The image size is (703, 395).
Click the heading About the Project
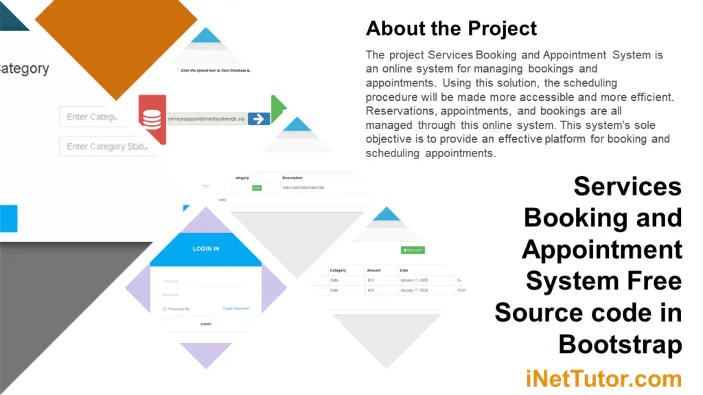click(x=451, y=28)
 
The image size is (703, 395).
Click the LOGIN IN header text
click(x=206, y=248)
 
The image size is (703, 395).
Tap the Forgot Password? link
click(x=236, y=309)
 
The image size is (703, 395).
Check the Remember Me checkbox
click(x=165, y=309)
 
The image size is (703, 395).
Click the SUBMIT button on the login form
click(x=206, y=324)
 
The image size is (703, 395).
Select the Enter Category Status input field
click(x=107, y=146)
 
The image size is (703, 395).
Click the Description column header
click(x=292, y=178)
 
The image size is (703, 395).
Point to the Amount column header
click(x=374, y=270)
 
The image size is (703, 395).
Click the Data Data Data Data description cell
click(x=303, y=187)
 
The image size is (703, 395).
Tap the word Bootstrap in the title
click(x=620, y=344)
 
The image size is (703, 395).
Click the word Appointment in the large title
click(x=602, y=249)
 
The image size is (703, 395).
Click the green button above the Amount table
click(x=413, y=250)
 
